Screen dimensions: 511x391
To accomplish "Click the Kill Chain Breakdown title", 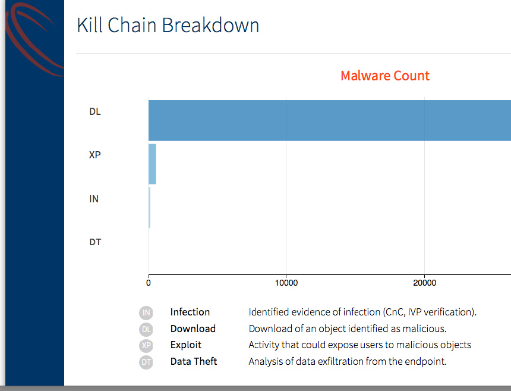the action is pyautogui.click(x=168, y=25).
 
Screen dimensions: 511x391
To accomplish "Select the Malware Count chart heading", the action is pyautogui.click(x=385, y=76).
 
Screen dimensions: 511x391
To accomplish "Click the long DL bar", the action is pyautogui.click(x=330, y=120).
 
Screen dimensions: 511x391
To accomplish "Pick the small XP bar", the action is pyautogui.click(x=152, y=164).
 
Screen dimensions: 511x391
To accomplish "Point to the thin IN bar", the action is pyautogui.click(x=150, y=208).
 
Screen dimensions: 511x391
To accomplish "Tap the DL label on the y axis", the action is pyautogui.click(x=95, y=112).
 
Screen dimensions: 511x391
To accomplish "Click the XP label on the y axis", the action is pyautogui.click(x=95, y=155).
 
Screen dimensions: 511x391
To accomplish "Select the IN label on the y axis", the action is pyautogui.click(x=94, y=199).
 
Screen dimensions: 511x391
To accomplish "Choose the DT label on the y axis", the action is pyautogui.click(x=95, y=242).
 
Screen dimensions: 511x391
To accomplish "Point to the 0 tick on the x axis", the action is pyautogui.click(x=149, y=283).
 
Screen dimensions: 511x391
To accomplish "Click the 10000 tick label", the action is pyautogui.click(x=286, y=283).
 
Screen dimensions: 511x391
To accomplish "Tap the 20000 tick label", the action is pyautogui.click(x=424, y=283).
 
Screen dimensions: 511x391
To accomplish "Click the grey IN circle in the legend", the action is pyautogui.click(x=146, y=312).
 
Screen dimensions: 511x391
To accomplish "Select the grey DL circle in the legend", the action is pyautogui.click(x=146, y=329).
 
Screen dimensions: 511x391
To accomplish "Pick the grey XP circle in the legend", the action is pyautogui.click(x=146, y=346).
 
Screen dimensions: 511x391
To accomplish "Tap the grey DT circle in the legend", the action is pyautogui.click(x=146, y=362).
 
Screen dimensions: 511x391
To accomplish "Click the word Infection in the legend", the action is pyautogui.click(x=190, y=312).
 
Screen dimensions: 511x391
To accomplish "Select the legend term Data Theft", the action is pyautogui.click(x=194, y=361).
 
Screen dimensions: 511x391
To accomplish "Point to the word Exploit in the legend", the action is pyautogui.click(x=186, y=345).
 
